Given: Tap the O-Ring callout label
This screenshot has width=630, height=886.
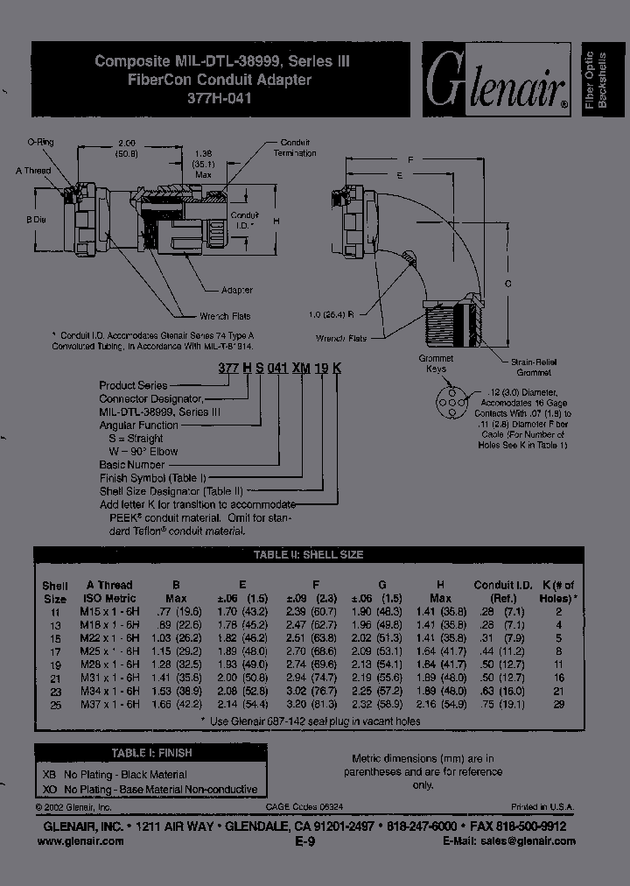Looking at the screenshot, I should (x=40, y=141).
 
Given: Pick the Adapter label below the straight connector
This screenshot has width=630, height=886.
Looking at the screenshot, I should (x=235, y=290).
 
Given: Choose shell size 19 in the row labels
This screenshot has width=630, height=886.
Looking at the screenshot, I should (x=54, y=666).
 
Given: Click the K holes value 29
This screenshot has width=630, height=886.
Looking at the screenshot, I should (x=558, y=704).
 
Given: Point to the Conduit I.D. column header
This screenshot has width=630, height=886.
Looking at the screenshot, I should (x=502, y=586).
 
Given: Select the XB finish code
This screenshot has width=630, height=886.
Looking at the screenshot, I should (x=50, y=774).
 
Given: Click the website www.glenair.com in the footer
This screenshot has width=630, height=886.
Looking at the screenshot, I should (x=80, y=840).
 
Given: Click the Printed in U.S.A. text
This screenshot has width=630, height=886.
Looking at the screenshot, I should (x=542, y=806).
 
